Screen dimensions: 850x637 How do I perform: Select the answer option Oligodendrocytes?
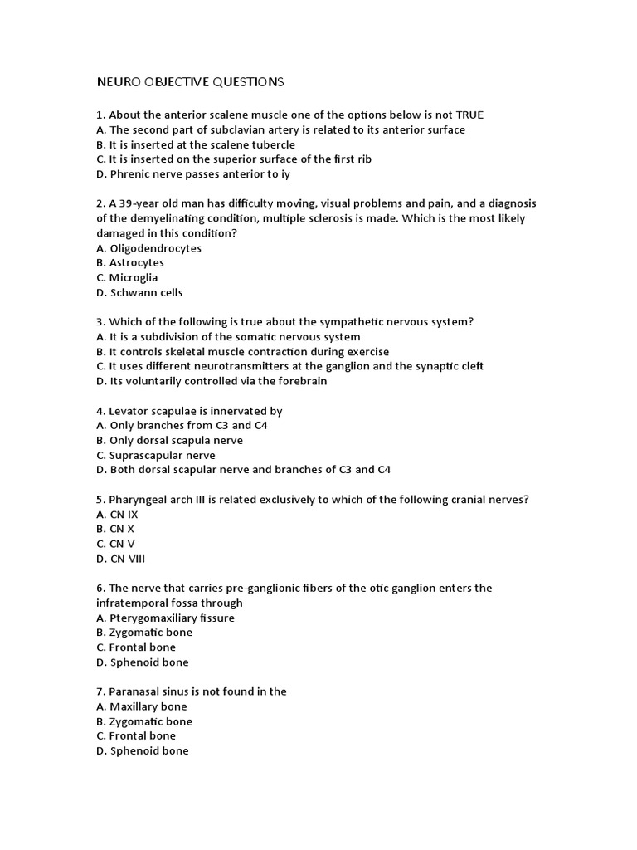tap(155, 248)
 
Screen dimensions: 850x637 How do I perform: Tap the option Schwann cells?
tap(146, 292)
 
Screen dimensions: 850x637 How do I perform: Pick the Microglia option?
tap(133, 277)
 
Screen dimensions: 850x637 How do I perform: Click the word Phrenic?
tap(130, 174)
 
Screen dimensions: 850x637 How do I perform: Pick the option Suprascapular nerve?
tap(162, 455)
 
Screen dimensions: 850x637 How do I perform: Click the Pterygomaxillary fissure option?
tap(172, 618)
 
